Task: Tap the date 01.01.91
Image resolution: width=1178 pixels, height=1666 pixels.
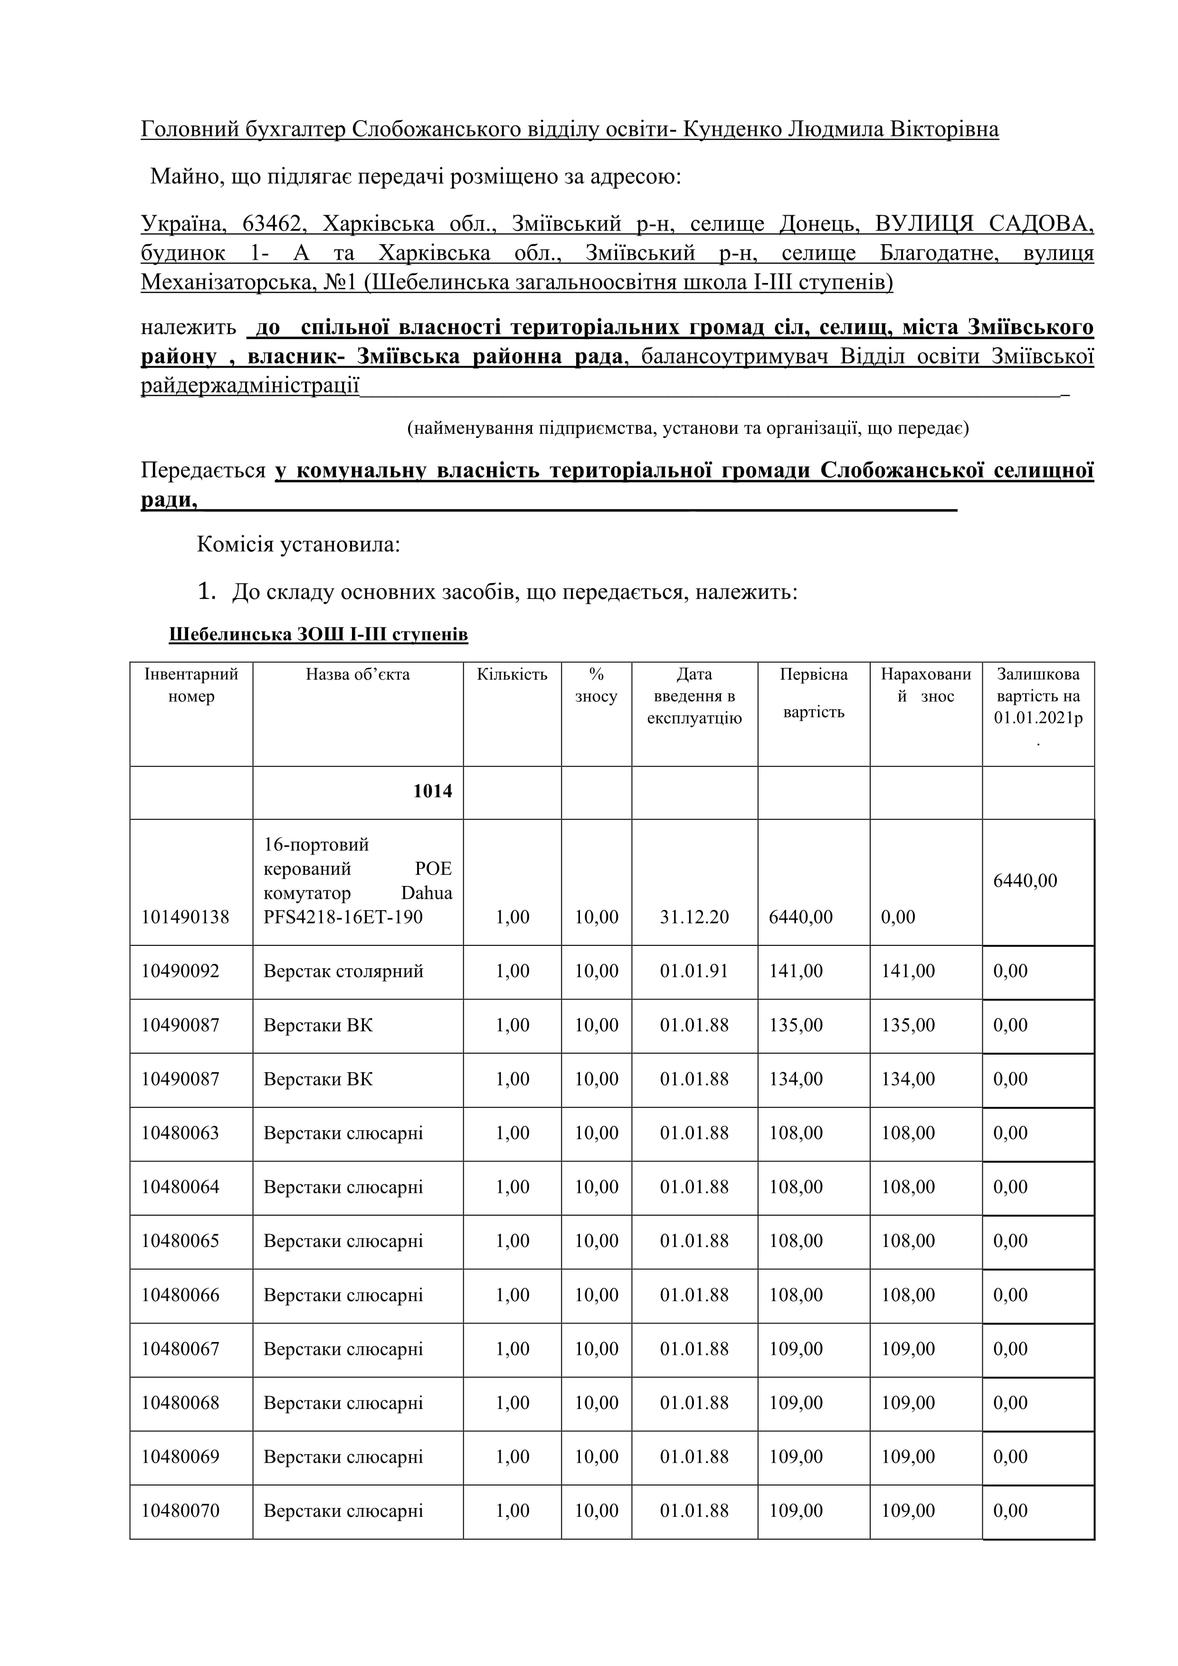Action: coord(694,971)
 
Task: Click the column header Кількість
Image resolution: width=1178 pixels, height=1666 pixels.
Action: coord(512,674)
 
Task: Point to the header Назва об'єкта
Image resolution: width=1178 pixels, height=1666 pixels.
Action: coord(358,674)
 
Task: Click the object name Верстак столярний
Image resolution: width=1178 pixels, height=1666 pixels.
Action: coord(343,971)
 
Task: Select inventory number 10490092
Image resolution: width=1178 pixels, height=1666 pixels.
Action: coord(180,971)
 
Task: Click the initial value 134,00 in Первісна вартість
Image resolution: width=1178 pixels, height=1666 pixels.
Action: coord(796,1079)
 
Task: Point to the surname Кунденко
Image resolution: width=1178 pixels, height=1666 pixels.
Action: coord(732,129)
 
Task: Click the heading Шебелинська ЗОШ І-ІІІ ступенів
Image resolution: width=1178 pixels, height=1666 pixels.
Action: coord(318,634)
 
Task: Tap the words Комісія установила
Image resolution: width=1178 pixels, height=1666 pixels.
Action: coord(298,544)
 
